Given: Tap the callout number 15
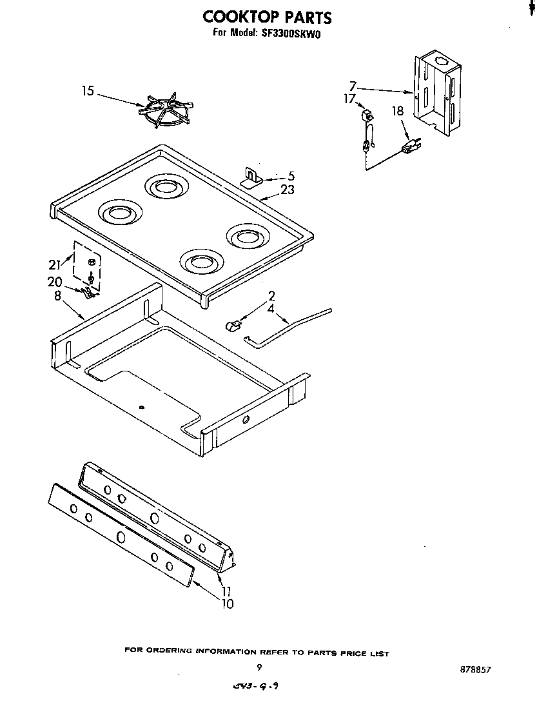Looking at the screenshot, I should [88, 92].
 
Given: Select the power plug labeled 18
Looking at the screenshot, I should [409, 148].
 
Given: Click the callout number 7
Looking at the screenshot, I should [353, 86].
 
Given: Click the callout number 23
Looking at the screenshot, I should [288, 190].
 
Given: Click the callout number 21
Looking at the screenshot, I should [55, 263].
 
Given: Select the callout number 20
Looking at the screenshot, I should [55, 281].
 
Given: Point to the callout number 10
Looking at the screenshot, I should [227, 604].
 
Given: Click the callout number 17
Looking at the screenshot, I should [349, 99].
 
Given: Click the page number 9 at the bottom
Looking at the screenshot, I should [259, 668].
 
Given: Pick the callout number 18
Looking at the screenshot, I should [398, 112].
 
